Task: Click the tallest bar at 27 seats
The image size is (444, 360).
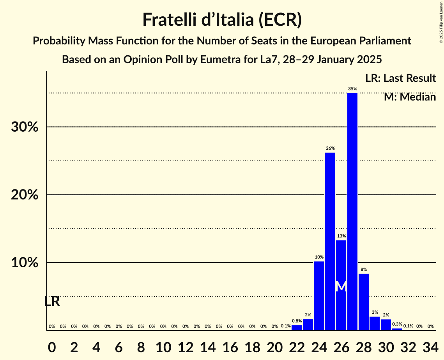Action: tap(352, 212)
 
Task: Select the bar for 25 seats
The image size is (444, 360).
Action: tap(330, 241)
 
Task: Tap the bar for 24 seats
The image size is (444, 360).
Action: tap(319, 296)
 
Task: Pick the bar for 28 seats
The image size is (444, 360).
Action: tap(364, 302)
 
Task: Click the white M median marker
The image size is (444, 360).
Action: tap(341, 286)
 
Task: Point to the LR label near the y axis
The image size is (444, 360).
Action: tap(52, 302)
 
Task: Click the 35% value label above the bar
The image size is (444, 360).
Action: tap(352, 89)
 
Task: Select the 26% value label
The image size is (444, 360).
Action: tap(330, 148)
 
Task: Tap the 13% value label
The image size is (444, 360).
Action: tap(341, 236)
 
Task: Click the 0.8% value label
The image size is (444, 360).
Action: tap(297, 321)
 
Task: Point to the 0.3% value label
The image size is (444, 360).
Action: tap(397, 324)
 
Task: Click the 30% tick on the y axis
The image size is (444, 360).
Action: tap(25, 127)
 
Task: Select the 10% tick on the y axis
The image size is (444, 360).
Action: tap(25, 263)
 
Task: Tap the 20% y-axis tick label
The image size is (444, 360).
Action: tap(25, 195)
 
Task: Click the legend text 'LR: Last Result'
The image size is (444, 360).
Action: tap(400, 78)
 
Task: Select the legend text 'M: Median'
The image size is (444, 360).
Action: tap(410, 97)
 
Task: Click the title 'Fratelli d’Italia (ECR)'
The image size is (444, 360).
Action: tap(222, 20)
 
